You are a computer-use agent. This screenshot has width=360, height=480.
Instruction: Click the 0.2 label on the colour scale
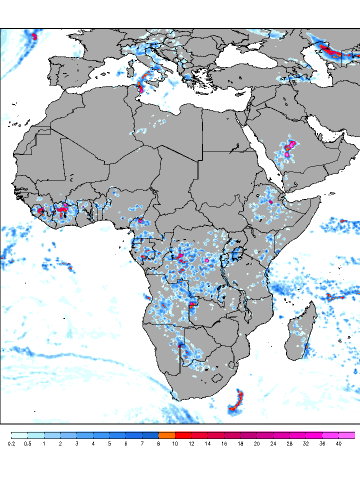coord(11,443)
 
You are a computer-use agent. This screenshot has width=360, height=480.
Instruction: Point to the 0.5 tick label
coord(27,443)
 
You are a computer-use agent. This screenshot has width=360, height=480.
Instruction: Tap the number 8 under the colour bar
coord(158,443)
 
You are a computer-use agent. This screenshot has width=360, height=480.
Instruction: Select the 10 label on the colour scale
coord(175,443)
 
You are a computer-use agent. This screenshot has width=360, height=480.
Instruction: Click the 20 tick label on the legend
coord(256,443)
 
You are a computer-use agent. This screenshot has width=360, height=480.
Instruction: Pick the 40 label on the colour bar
coord(338,443)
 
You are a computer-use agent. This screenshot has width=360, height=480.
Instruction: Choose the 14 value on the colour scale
coord(207,443)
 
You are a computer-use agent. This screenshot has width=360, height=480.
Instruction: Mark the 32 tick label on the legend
coord(305,443)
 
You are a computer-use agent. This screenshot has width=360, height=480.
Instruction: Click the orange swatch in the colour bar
coord(166,435)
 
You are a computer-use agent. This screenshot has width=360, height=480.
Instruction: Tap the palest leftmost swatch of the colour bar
coord(19,435)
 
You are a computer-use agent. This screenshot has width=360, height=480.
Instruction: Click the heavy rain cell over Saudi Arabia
coord(289,148)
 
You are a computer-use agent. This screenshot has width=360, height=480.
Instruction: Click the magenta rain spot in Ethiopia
coord(270,202)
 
